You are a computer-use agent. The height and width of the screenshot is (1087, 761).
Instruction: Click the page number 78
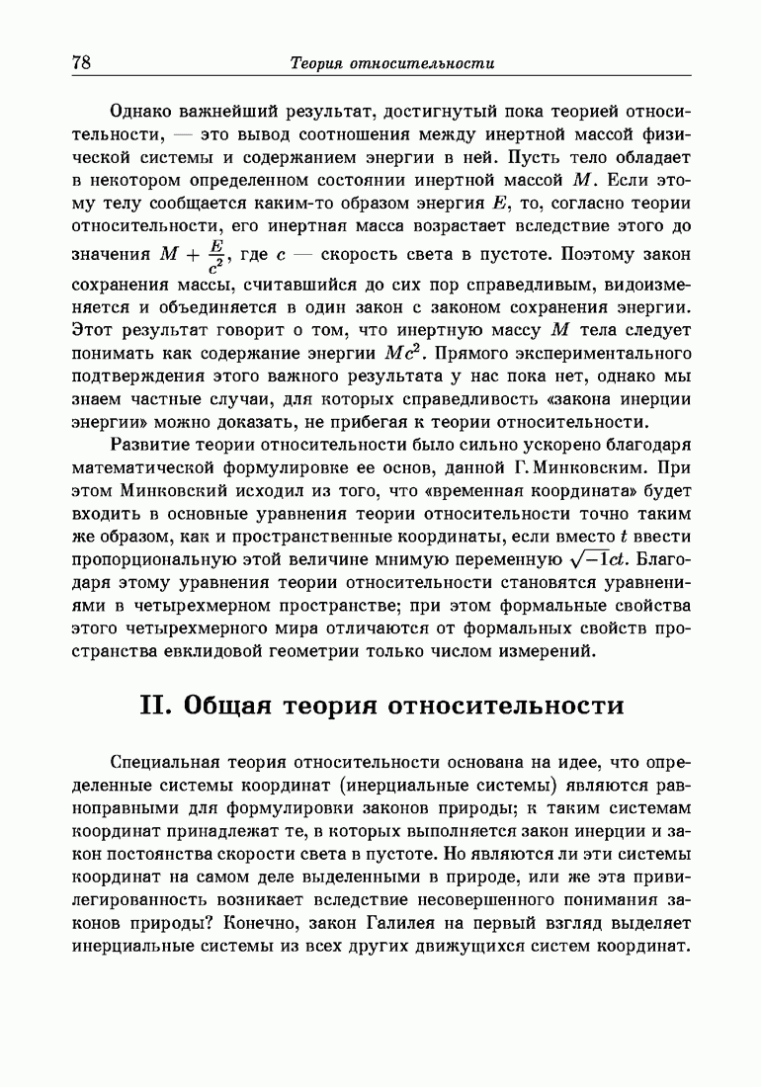[x=81, y=63]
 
